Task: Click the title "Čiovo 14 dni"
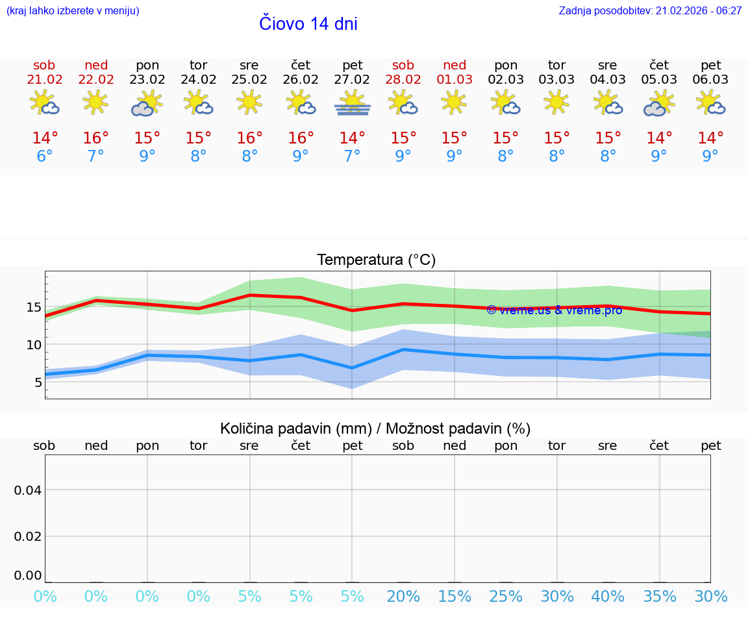tap(308, 24)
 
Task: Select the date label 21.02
tap(44, 80)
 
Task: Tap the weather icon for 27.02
tap(352, 103)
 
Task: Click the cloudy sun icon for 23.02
tap(147, 103)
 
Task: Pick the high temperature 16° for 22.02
tap(95, 138)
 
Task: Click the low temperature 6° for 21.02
tap(44, 156)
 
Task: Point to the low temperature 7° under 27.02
tap(352, 156)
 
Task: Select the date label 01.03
tap(455, 80)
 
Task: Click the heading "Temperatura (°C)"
tap(376, 260)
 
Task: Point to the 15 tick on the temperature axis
tap(34, 307)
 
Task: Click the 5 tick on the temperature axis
tap(38, 382)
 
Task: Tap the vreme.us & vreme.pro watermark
tap(554, 310)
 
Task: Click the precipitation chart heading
tap(375, 428)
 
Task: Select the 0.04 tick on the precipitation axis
tap(28, 490)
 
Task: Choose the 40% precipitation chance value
tap(608, 597)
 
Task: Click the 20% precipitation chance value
tap(403, 597)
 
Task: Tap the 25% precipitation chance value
tap(506, 597)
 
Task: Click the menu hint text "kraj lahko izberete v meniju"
tap(72, 11)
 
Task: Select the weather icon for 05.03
tap(659, 103)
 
